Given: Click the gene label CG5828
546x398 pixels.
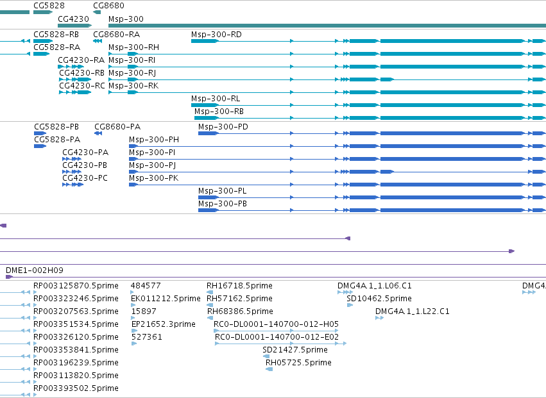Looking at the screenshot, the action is click(49, 6).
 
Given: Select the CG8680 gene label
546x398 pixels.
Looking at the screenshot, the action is click(108, 6).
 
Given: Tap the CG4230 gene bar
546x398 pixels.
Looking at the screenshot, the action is click(74, 26).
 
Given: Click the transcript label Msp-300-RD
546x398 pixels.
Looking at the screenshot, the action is click(216, 35).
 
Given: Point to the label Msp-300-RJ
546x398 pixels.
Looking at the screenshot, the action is click(132, 73).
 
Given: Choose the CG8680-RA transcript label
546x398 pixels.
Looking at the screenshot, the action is click(116, 35).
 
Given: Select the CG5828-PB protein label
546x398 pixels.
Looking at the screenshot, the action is click(56, 127).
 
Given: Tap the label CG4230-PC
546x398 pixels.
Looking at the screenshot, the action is click(85, 178).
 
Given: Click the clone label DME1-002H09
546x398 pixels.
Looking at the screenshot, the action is click(35, 270).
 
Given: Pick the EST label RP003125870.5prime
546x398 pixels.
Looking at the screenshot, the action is click(76, 286).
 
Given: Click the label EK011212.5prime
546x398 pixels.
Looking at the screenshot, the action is click(166, 299).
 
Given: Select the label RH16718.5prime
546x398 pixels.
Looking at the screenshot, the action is click(239, 286).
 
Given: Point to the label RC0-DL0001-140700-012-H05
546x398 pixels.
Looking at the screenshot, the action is click(276, 324).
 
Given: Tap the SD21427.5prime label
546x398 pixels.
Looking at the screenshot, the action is click(295, 350).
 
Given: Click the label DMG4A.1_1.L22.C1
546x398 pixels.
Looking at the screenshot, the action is click(413, 311).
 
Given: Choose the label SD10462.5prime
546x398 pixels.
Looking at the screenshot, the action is click(379, 299).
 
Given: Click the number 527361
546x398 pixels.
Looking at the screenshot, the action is click(146, 336).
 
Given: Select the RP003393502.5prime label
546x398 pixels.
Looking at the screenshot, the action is click(76, 388).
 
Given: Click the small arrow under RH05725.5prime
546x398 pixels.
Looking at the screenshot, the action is click(269, 369).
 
